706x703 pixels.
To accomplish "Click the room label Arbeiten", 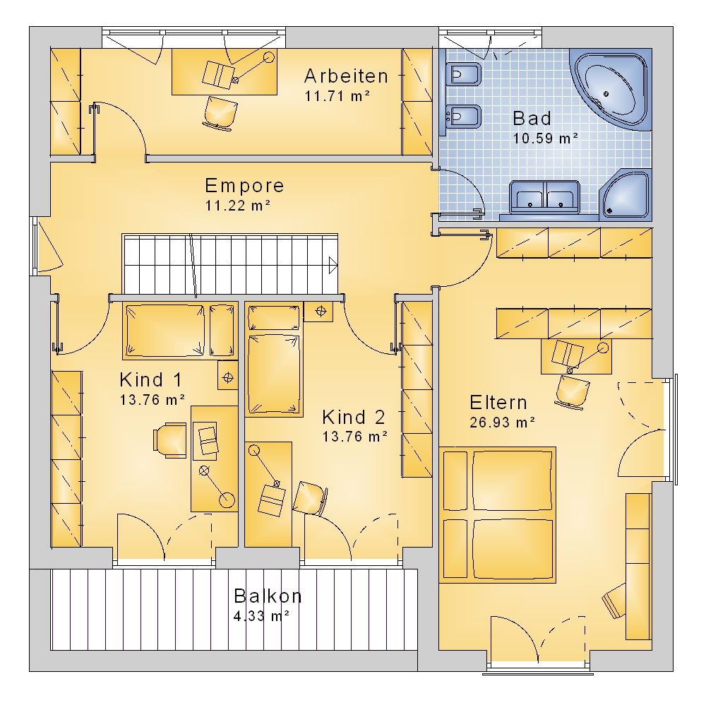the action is click(x=346, y=76).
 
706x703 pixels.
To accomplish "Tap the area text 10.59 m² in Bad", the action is click(x=545, y=138).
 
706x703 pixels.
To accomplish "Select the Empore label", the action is click(x=244, y=186).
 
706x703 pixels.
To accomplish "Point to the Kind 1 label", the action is click(x=151, y=380).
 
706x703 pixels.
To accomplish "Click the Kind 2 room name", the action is click(x=354, y=418).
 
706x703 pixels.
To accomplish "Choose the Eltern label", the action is click(x=498, y=403).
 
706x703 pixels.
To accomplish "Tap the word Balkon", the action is click(x=268, y=596).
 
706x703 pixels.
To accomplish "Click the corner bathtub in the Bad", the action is click(x=611, y=89).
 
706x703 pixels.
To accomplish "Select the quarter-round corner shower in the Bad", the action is click(x=626, y=195).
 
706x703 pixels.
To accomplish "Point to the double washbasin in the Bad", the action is click(x=544, y=197).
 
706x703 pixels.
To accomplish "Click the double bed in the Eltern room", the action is click(x=498, y=514).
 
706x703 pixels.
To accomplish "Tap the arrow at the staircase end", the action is click(x=333, y=265).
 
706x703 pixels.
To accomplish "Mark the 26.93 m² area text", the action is click(x=502, y=423).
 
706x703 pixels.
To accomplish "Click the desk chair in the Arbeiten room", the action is click(x=220, y=114).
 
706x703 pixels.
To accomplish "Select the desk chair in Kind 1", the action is click(x=169, y=440).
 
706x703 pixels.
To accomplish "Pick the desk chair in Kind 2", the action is click(x=310, y=498).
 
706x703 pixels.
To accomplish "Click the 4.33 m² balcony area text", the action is click(x=261, y=615).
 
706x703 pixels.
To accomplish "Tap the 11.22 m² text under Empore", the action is click(x=238, y=206).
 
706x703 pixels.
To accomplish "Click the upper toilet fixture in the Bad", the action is click(x=463, y=74).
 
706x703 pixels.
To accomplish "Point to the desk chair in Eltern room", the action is click(x=573, y=391).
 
